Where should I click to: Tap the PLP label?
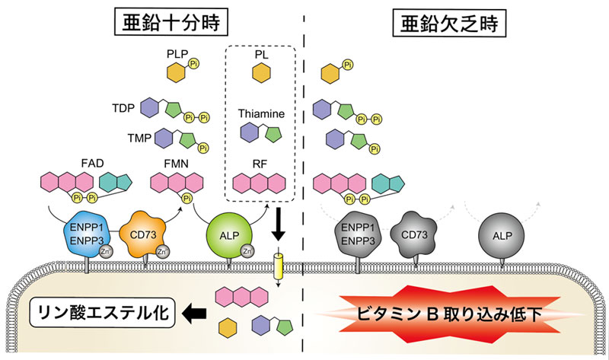tap(176, 55)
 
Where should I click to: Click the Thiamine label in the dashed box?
tap(261, 113)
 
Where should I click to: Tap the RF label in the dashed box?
tap(261, 162)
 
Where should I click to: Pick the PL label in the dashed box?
tap(261, 55)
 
